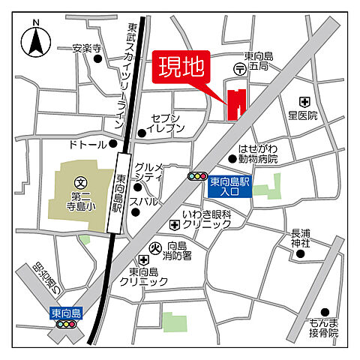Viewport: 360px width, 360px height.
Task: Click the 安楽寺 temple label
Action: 86,48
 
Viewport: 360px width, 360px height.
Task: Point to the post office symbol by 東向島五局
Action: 239,69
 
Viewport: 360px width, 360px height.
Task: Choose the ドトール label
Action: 87,142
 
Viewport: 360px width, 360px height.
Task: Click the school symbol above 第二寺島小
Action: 81,181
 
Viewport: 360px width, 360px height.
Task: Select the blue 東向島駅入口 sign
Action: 229,186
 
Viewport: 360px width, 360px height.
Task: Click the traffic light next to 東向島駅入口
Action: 197,176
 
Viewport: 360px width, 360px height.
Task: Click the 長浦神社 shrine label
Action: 300,238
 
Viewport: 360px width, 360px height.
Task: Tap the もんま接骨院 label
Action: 323,327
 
